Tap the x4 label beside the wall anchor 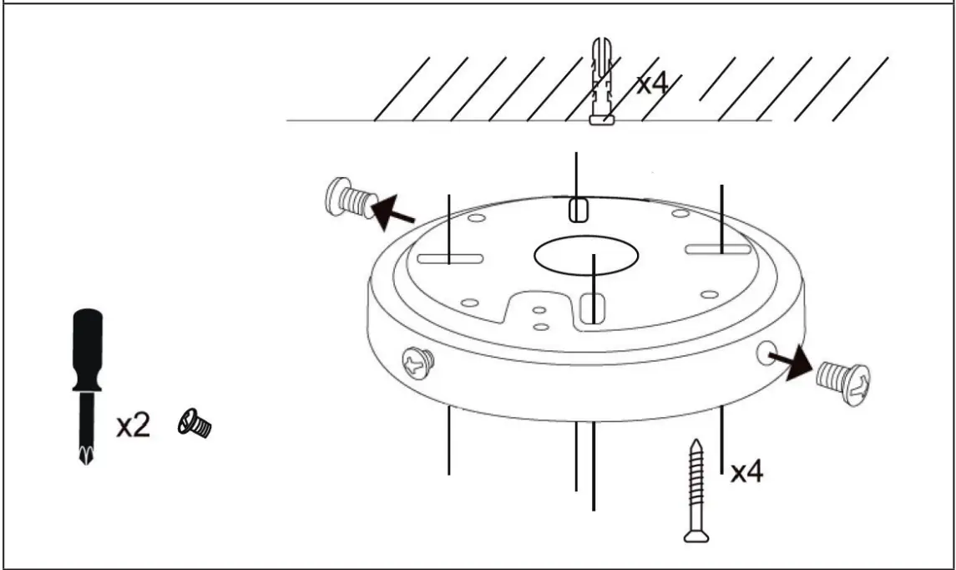tap(655, 83)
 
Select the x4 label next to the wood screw tap(746, 472)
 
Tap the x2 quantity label tap(133, 425)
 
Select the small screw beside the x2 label tap(195, 425)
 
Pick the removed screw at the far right tap(843, 382)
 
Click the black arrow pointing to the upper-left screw tap(392, 213)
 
